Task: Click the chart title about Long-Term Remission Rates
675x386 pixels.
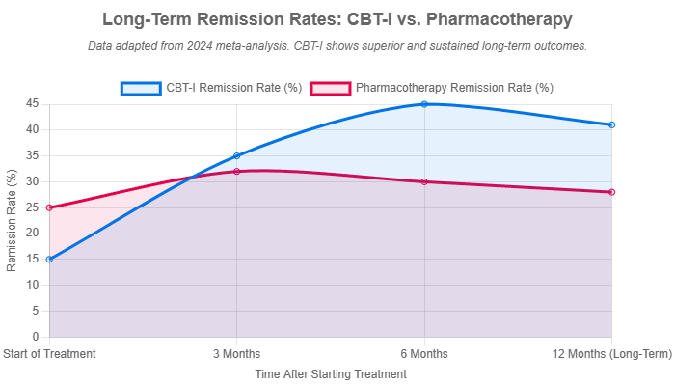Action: point(337,19)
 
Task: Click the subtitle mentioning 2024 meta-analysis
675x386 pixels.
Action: point(337,45)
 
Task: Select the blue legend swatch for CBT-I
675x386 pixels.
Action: point(140,88)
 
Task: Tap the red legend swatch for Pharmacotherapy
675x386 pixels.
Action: point(329,88)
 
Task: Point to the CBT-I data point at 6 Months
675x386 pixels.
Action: point(424,103)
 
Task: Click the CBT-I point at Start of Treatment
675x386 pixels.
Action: point(48,259)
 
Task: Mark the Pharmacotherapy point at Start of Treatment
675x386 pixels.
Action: point(48,207)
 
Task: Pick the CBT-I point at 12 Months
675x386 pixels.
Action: point(612,124)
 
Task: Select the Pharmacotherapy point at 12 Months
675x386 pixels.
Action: point(612,192)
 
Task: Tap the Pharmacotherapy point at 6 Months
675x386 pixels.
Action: point(424,181)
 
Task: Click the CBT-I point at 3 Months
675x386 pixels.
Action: point(236,155)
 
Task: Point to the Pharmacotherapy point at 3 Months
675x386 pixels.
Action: point(236,171)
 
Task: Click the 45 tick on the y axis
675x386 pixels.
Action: point(32,103)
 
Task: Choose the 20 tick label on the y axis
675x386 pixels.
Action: point(32,234)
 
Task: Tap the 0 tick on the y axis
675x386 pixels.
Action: point(35,337)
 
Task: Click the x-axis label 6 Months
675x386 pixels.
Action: point(424,353)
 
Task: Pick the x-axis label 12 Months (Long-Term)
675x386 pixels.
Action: point(612,353)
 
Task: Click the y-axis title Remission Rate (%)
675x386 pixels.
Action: point(12,220)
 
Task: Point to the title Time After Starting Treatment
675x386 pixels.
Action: point(331,372)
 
